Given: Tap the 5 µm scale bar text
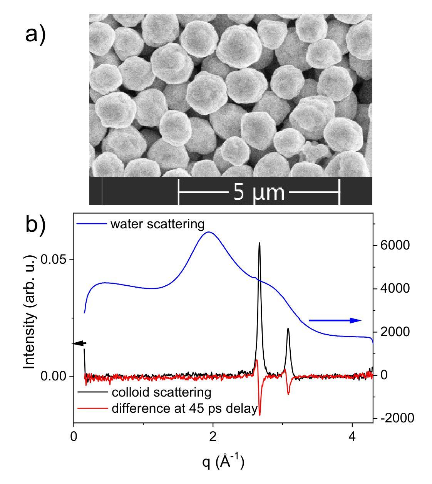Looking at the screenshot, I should point(259,192).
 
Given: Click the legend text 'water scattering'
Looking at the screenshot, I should point(157,224).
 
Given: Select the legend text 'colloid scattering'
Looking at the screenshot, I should point(161,392).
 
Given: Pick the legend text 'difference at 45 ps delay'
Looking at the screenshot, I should point(184,409).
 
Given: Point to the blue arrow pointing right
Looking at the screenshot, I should point(335,320).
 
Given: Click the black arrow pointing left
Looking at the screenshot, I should point(79,343).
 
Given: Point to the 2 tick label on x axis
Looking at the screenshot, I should point(213,437).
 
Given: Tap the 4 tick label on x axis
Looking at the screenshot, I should point(352,437).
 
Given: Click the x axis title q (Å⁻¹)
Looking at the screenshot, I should point(223,461).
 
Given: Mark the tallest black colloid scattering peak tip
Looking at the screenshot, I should point(260,243).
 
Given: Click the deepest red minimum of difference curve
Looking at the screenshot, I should point(260,415).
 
